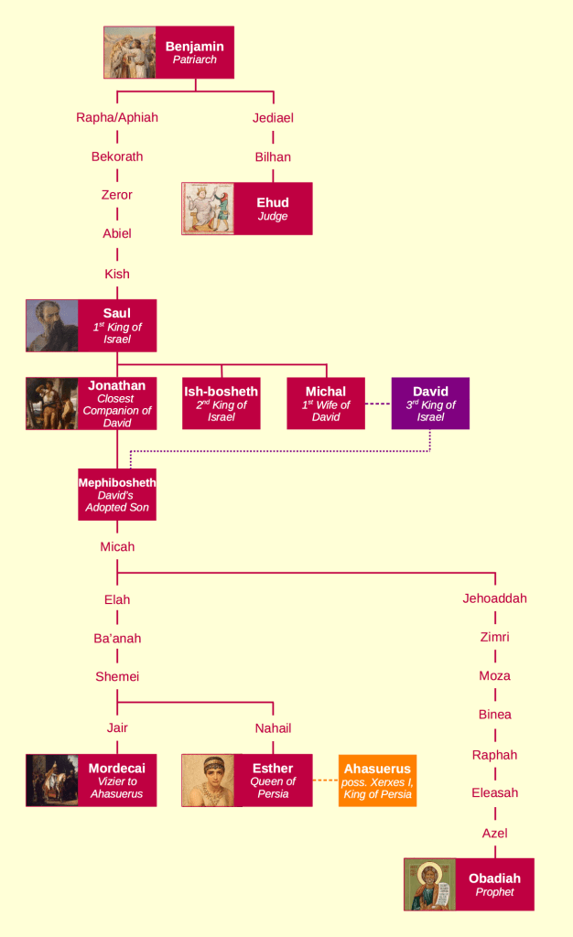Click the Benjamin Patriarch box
click(195, 52)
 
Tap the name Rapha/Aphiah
click(117, 117)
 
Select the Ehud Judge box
click(272, 209)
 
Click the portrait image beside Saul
click(52, 325)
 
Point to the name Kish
click(117, 274)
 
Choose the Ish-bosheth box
click(222, 404)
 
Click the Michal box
click(326, 404)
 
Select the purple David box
click(430, 404)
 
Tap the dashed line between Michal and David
click(378, 404)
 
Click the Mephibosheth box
click(117, 494)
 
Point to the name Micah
click(117, 546)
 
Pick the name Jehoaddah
click(494, 598)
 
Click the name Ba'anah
click(117, 638)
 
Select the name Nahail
click(273, 728)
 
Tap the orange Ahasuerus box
click(377, 781)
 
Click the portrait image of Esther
click(208, 781)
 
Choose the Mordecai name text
click(117, 769)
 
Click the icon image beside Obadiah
click(430, 885)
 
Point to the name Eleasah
click(494, 792)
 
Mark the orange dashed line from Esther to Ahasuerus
click(326, 781)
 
